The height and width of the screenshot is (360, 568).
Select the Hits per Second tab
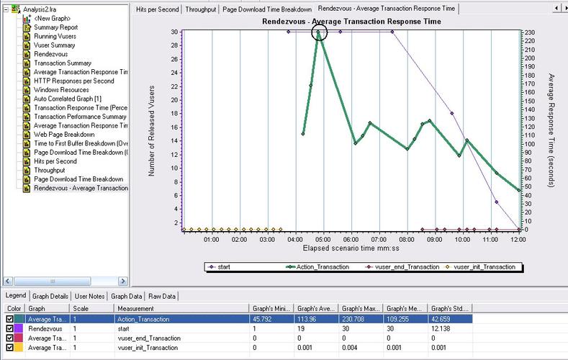(x=158, y=9)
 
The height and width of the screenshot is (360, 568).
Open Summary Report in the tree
(x=55, y=27)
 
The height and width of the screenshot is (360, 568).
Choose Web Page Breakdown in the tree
(x=63, y=135)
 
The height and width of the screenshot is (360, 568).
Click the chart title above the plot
(x=351, y=22)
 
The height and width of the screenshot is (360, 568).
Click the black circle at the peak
(x=320, y=33)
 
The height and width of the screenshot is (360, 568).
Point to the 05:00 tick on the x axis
(x=323, y=238)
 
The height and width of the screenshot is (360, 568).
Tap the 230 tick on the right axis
(x=529, y=32)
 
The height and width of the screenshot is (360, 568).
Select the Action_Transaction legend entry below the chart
(x=322, y=267)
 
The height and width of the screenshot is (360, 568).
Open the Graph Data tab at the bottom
(x=127, y=296)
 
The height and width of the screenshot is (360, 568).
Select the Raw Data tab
(x=163, y=296)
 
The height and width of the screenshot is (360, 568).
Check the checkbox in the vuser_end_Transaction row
(x=9, y=338)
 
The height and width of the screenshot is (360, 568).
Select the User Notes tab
(x=90, y=296)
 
